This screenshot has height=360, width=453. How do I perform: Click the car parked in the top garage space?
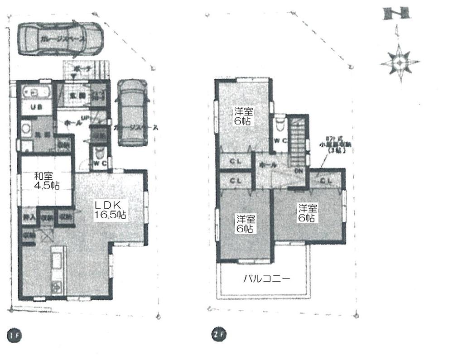(61, 39)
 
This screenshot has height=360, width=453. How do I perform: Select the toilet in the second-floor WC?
(280, 123)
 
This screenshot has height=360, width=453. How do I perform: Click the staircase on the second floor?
(298, 140)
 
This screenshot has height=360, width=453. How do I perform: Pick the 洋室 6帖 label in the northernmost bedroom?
(243, 116)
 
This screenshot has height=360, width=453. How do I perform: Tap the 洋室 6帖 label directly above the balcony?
(245, 224)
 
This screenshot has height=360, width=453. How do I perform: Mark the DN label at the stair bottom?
(299, 171)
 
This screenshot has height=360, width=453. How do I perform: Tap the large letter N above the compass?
(397, 14)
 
